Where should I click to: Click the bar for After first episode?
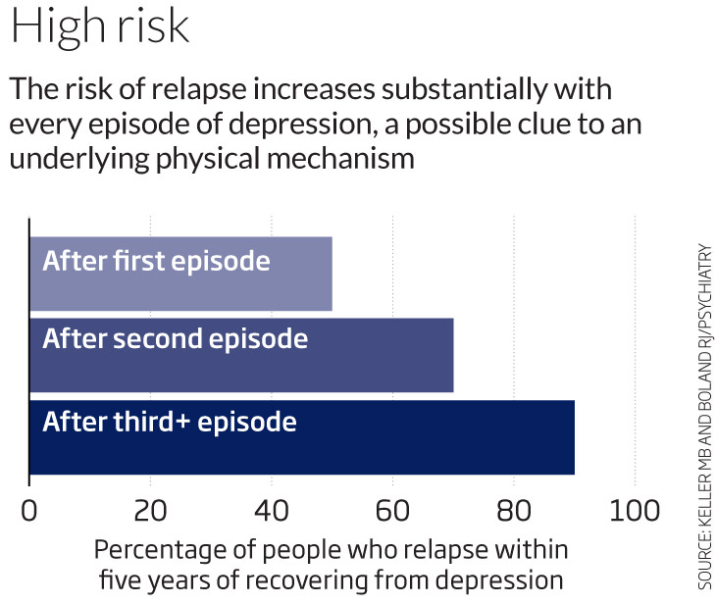coord(181,273)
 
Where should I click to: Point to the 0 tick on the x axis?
coord(29,512)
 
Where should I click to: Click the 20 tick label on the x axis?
coord(150,512)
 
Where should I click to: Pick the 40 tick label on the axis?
coord(271,512)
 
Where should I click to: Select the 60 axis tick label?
coord(392,512)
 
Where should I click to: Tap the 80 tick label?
coord(513,512)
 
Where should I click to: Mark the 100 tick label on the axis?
coord(634,512)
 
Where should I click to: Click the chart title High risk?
coord(100,28)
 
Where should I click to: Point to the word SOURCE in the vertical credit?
coord(704,560)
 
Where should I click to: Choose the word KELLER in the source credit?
coord(704,489)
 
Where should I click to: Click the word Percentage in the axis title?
coord(153,548)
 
